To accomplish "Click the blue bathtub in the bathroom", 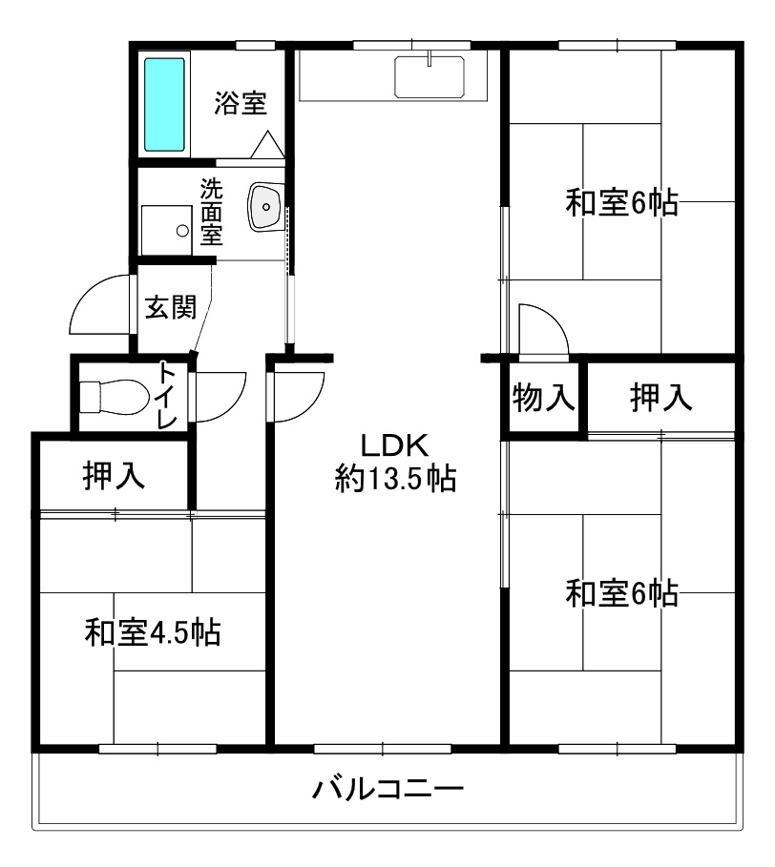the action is [x=164, y=105].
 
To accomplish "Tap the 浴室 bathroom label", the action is [x=241, y=103].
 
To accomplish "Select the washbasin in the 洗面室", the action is [x=265, y=207].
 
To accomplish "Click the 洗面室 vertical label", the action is [x=211, y=212].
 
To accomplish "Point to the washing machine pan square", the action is [x=166, y=230].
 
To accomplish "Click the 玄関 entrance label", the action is [x=171, y=307].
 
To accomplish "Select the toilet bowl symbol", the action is [x=114, y=396].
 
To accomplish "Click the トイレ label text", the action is [x=168, y=394].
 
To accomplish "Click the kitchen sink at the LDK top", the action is [x=429, y=77].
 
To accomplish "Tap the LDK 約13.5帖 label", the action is [x=395, y=463].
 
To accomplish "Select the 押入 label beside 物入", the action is [x=661, y=397].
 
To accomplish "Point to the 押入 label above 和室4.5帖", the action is [x=114, y=474].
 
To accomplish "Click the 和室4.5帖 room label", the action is [x=153, y=632].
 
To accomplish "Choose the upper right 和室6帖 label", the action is [x=621, y=202].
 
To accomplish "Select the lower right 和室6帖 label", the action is [x=621, y=592].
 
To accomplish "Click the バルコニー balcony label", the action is [x=387, y=788].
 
